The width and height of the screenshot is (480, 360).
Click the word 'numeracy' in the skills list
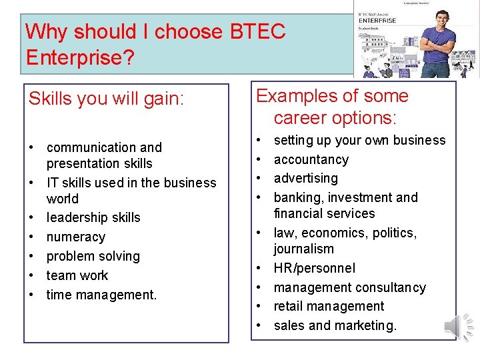(x=76, y=237)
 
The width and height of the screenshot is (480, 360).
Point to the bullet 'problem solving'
(x=93, y=256)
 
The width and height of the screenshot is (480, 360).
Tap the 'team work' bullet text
(x=77, y=275)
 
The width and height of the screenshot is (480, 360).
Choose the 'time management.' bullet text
(x=101, y=294)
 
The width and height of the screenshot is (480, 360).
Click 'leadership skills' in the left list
(x=93, y=217)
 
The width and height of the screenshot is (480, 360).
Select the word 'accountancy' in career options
(x=311, y=159)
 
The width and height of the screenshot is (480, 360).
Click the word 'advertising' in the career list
(x=306, y=178)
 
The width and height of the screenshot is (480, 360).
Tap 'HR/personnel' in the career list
(x=315, y=268)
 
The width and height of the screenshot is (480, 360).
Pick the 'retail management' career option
(x=329, y=306)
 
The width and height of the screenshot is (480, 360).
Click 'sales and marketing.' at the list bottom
(x=335, y=325)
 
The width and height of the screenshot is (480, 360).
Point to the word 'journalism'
(x=304, y=249)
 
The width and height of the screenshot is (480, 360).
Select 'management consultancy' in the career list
(x=350, y=287)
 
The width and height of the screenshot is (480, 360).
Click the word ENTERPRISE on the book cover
(x=377, y=21)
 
